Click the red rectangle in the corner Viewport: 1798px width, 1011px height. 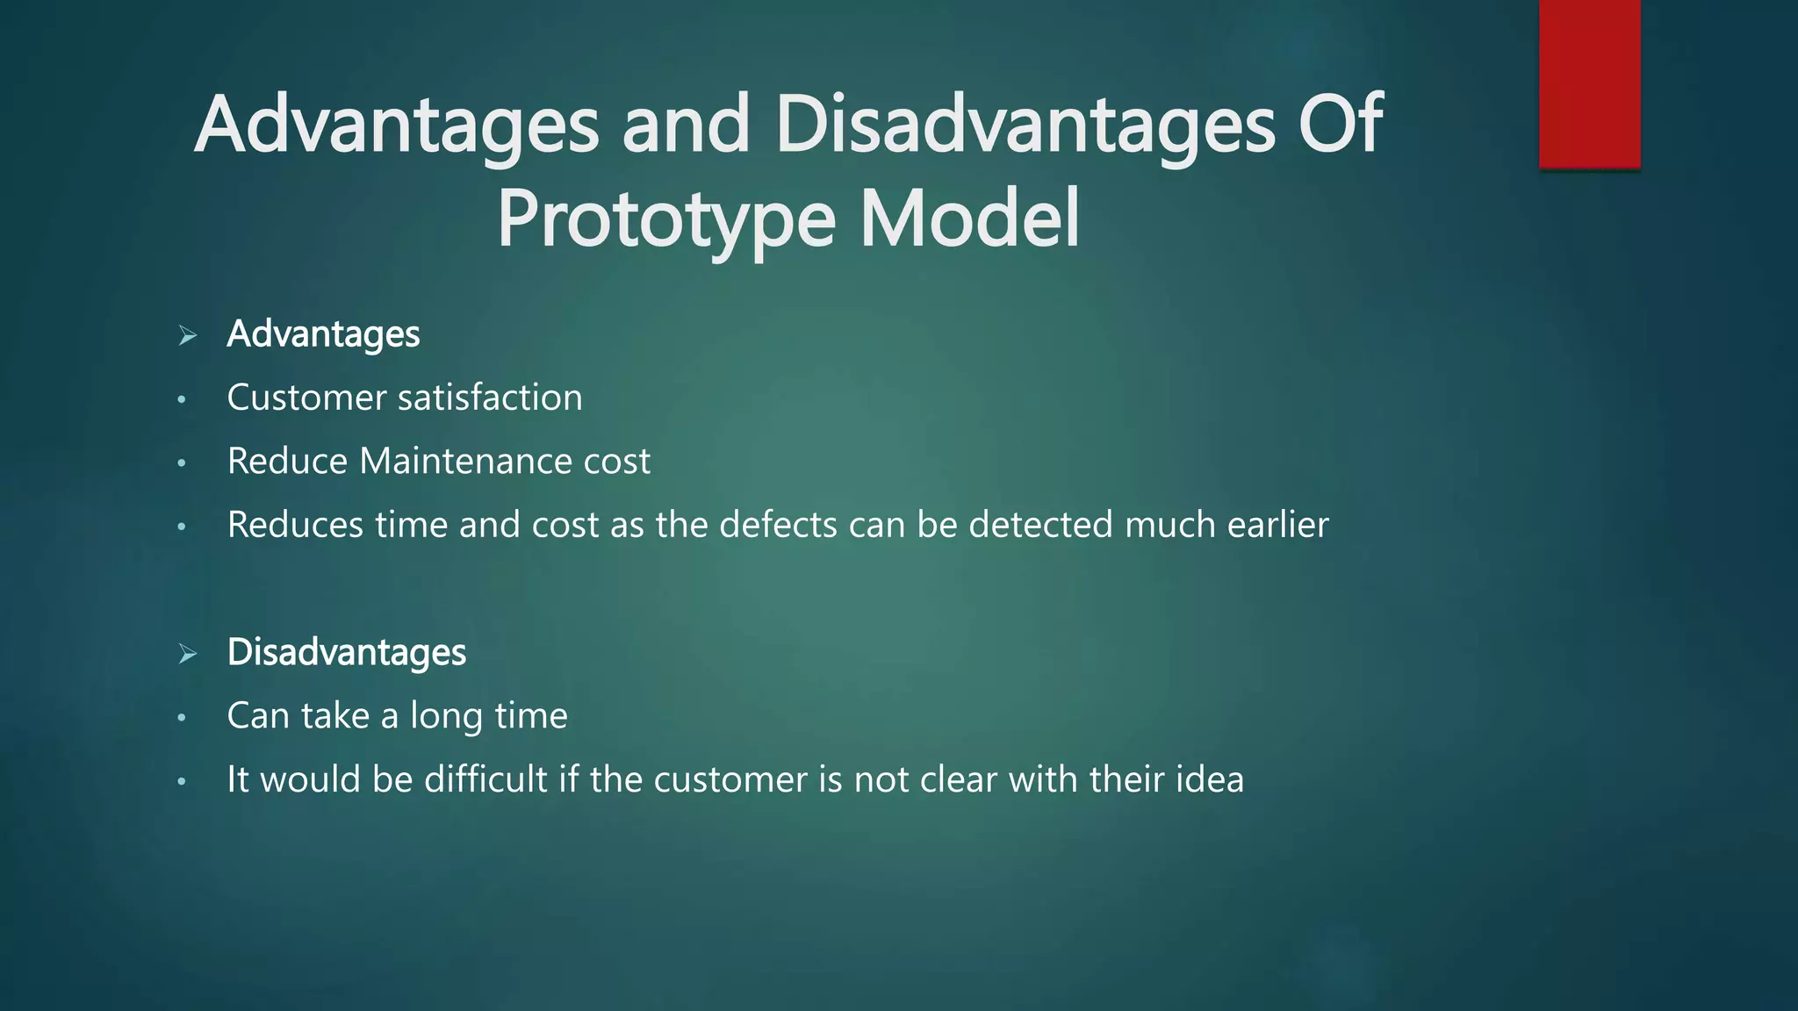(x=1589, y=83)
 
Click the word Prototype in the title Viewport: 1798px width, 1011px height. (x=665, y=219)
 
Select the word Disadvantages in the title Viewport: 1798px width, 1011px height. (x=1025, y=125)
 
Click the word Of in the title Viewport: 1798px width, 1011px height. (x=1340, y=125)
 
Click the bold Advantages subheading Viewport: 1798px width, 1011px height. (x=323, y=334)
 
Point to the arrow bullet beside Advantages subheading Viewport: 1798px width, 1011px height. (x=187, y=335)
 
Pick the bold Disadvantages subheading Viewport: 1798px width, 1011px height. (x=346, y=653)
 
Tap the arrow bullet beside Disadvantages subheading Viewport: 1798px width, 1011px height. (x=187, y=654)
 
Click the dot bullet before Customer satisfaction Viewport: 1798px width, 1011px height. (x=182, y=400)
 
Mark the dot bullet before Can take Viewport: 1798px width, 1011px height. (x=182, y=718)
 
